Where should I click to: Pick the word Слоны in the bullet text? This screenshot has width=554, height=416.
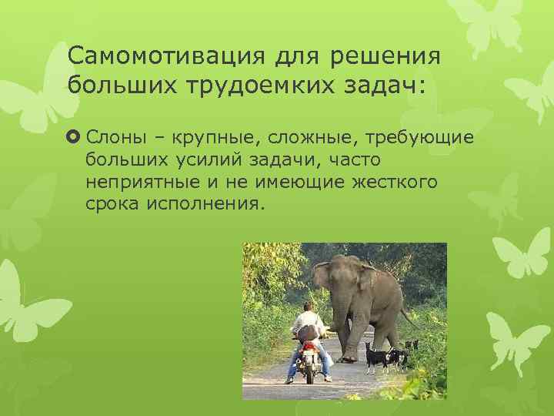click(x=113, y=136)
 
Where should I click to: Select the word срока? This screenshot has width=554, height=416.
click(x=110, y=205)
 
